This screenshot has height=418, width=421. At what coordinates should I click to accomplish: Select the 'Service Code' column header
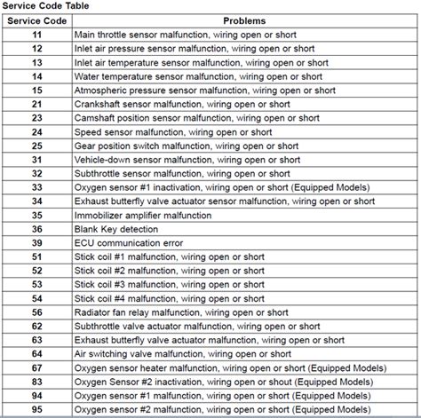click(36, 19)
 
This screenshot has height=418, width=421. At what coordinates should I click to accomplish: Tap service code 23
click(36, 117)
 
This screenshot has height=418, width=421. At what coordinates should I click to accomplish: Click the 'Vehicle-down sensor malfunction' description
click(191, 160)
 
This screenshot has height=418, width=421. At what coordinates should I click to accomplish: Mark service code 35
click(36, 216)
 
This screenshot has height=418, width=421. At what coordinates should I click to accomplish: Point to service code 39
click(36, 244)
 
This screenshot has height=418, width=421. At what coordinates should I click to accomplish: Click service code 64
click(36, 355)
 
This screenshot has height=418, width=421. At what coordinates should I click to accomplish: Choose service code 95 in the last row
click(36, 410)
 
